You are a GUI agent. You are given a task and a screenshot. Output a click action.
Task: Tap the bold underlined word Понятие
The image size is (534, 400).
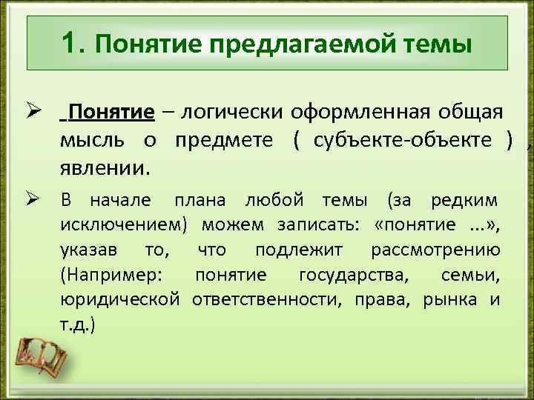coord(111,113)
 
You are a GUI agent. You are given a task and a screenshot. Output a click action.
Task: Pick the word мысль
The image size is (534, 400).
coord(90,141)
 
